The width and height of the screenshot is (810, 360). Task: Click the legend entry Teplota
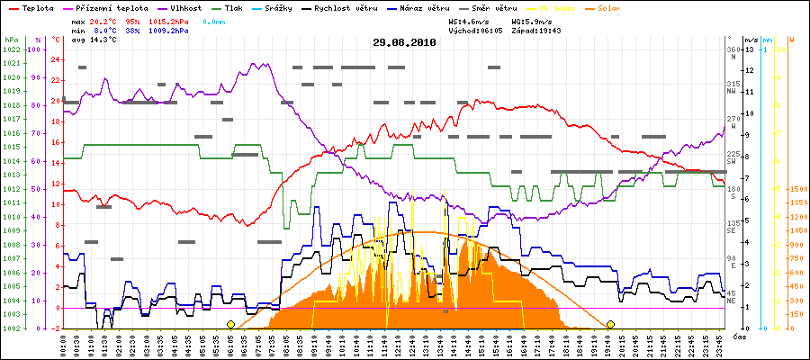pos(37,7)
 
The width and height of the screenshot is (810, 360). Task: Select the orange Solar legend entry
pos(631,7)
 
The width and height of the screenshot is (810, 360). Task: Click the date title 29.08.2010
pos(404,42)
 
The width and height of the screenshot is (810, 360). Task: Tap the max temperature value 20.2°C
pos(104,21)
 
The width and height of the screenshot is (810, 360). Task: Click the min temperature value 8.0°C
pos(104,31)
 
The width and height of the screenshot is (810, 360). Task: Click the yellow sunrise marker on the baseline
pos(230,324)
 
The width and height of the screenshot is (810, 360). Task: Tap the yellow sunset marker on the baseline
pos(610,324)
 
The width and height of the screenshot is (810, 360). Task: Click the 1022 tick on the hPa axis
pos(11,49)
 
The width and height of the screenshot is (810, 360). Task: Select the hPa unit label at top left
pos(11,40)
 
